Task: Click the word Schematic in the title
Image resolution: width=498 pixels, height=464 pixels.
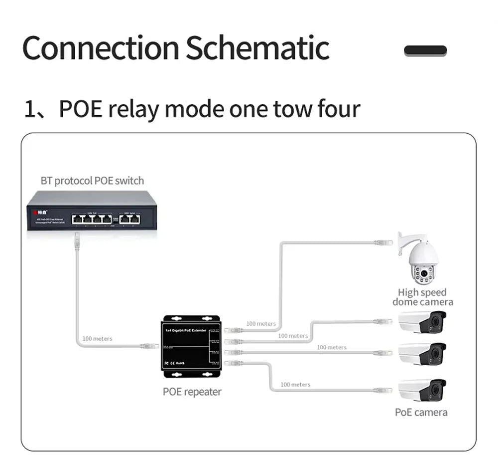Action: (257, 48)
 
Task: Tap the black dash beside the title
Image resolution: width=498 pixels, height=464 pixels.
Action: (425, 50)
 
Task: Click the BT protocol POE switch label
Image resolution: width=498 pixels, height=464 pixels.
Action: (92, 181)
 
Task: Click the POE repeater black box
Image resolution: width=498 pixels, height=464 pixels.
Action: (192, 346)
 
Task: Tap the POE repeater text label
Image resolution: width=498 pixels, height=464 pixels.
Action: (192, 392)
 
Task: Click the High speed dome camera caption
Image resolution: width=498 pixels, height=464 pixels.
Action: (423, 297)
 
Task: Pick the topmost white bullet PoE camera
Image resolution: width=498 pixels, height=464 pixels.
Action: (422, 322)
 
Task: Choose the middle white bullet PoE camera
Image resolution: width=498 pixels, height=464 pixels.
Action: (422, 353)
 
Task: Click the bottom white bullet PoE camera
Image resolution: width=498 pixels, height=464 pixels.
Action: (422, 390)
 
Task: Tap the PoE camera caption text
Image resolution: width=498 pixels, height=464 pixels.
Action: (421, 412)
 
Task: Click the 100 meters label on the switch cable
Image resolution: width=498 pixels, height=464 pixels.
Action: (97, 339)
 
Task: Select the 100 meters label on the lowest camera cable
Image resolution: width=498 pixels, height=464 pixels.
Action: (295, 385)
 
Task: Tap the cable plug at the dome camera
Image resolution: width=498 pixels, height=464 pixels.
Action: (383, 243)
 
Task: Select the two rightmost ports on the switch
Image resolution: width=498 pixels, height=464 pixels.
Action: (131, 219)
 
